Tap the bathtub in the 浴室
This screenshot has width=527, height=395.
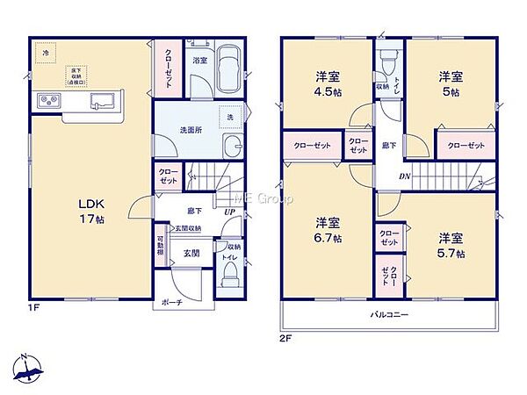click(230, 68)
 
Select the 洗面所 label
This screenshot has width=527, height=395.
click(191, 131)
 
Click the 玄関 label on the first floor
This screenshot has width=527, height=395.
click(191, 253)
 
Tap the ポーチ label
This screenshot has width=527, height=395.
click(172, 304)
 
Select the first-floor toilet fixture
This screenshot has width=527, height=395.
click(230, 276)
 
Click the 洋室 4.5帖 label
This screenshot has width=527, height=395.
click(327, 83)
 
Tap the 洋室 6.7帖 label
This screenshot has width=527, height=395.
click(327, 229)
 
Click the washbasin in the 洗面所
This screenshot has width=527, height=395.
click(233, 146)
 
